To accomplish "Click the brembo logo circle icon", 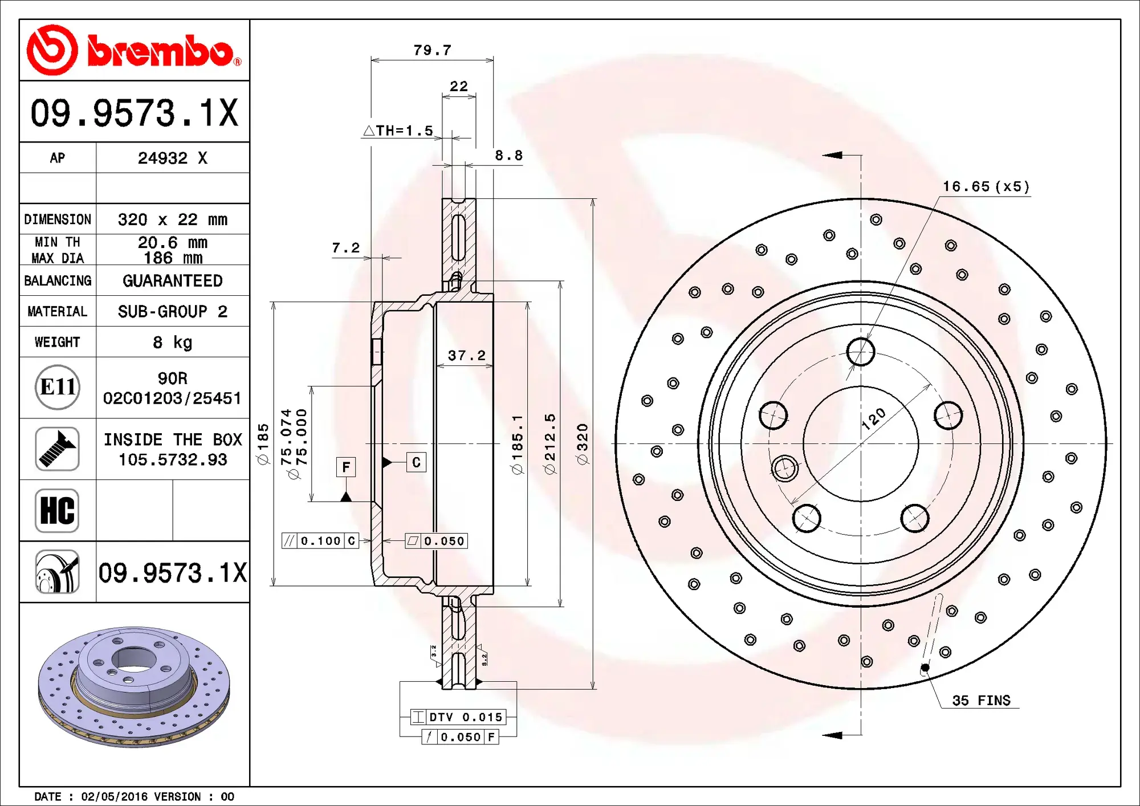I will (x=52, y=50).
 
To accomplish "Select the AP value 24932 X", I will (x=172, y=158).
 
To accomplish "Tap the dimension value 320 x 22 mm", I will (x=172, y=219).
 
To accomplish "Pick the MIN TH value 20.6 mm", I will (x=172, y=242).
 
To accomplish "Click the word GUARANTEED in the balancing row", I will (x=172, y=280).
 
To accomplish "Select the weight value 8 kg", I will (x=172, y=342).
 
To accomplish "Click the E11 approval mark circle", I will (x=57, y=387).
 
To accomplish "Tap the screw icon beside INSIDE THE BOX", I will (x=57, y=449).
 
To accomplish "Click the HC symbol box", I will (x=57, y=510).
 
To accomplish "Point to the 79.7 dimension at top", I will (x=432, y=50).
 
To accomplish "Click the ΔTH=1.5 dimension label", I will (x=398, y=131).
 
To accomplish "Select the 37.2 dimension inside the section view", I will (x=466, y=356).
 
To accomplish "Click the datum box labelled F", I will (x=346, y=467).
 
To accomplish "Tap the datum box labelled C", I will (x=416, y=462).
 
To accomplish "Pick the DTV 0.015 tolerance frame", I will (x=458, y=717).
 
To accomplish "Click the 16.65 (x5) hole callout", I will (x=986, y=186).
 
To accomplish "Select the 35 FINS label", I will (x=980, y=701).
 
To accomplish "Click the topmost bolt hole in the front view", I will (x=860, y=352).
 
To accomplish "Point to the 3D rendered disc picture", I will (x=134, y=687).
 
